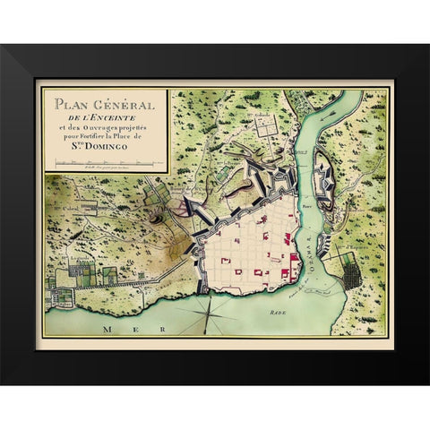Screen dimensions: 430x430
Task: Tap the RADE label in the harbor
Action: pos(271,313)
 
